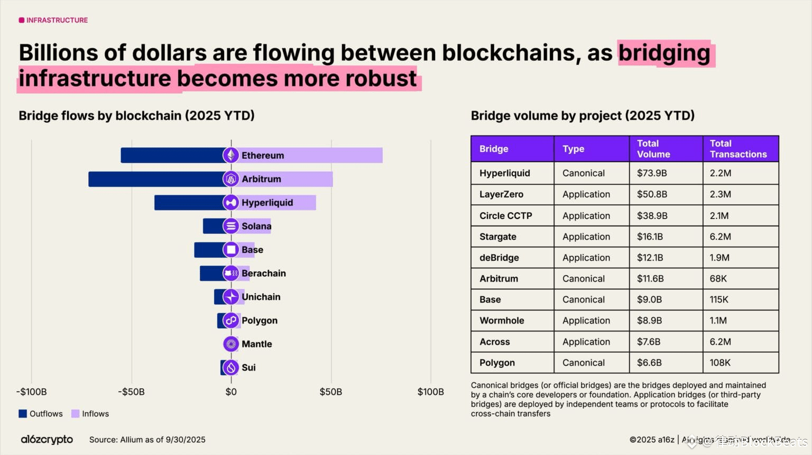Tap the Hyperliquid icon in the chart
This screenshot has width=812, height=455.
(230, 202)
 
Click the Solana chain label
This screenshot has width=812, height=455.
(256, 226)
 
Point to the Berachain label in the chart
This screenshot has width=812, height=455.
(263, 273)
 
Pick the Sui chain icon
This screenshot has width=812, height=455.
(230, 367)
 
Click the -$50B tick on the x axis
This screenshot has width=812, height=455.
(131, 392)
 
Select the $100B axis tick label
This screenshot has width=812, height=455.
(430, 392)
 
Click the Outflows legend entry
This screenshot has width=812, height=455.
(41, 414)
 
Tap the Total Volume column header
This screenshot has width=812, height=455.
(653, 149)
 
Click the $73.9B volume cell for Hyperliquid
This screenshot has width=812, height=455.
(652, 173)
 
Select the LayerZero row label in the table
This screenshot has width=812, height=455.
(501, 194)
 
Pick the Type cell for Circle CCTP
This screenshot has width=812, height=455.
(586, 215)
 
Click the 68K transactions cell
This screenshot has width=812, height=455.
(718, 278)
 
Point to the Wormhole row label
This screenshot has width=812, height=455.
(502, 320)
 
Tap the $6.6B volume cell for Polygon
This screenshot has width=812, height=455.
(649, 363)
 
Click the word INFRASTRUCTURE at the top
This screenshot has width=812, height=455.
(57, 20)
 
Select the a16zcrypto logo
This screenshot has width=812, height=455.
(47, 439)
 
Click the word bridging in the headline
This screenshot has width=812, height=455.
(665, 53)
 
